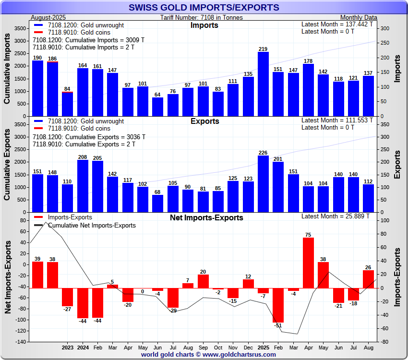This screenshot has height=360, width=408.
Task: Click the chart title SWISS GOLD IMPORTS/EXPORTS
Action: click(x=204, y=7)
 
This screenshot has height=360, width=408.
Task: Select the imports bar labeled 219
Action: click(x=263, y=84)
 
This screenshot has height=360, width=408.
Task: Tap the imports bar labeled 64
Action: click(x=158, y=107)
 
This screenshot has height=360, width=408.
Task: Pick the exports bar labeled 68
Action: click(x=158, y=204)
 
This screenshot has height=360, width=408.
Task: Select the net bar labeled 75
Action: click(x=308, y=263)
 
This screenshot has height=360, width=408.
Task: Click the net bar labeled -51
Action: click(x=278, y=305)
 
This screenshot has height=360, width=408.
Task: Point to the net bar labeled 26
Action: click(x=368, y=279)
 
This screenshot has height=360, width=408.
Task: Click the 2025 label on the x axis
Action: click(x=263, y=347)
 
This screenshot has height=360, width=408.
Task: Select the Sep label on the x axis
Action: click(x=203, y=347)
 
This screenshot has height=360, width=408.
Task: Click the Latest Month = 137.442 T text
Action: click(x=337, y=24)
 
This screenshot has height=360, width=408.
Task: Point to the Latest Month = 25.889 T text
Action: click(x=336, y=216)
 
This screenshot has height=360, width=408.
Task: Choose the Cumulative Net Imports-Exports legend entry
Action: click(x=92, y=225)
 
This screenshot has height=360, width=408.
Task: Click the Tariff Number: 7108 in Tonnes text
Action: click(x=202, y=18)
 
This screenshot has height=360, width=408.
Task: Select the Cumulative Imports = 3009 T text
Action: click(x=89, y=40)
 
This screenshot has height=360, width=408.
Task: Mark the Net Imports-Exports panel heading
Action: click(x=206, y=218)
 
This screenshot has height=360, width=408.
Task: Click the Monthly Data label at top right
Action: click(x=359, y=18)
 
